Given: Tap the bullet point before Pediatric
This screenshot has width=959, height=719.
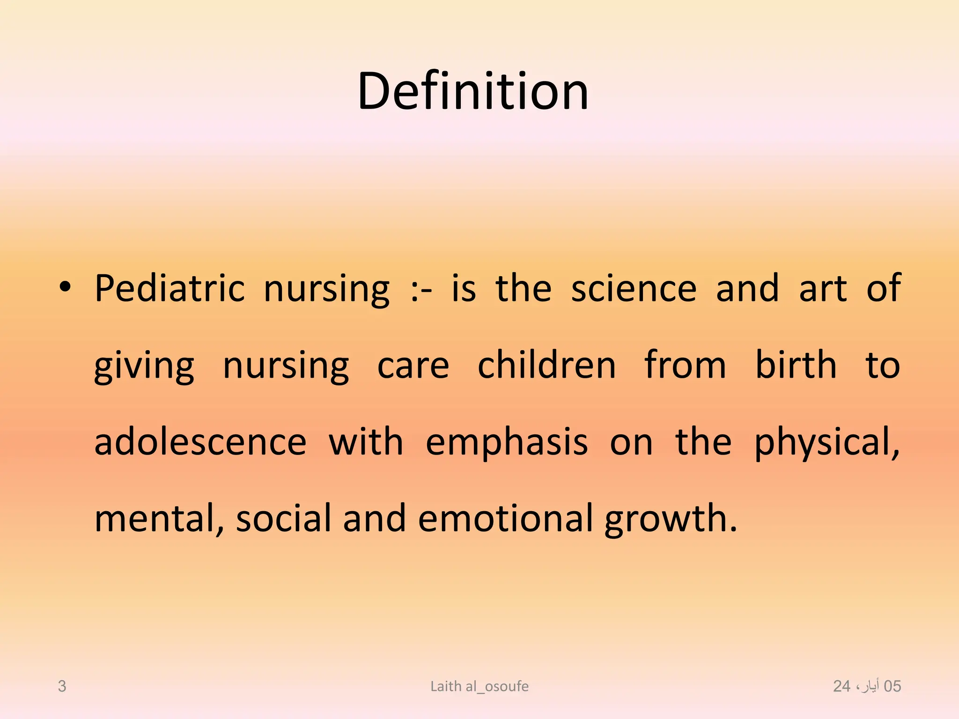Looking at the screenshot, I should (65, 287).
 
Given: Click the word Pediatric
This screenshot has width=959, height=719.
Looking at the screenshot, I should (170, 289).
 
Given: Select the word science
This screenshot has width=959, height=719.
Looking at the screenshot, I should (634, 289).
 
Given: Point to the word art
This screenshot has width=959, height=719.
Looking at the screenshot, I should (823, 289).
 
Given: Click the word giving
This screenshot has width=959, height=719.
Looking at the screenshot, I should (144, 366).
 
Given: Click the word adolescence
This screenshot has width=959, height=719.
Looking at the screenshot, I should (200, 442).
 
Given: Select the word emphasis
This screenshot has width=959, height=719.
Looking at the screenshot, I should (507, 442).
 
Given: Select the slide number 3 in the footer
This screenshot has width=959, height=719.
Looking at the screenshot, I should (62, 686).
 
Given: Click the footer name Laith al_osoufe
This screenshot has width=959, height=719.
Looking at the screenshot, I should (479, 686).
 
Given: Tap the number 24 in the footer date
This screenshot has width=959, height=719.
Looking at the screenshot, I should (841, 686).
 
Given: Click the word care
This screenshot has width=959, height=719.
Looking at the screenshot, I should (413, 366).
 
